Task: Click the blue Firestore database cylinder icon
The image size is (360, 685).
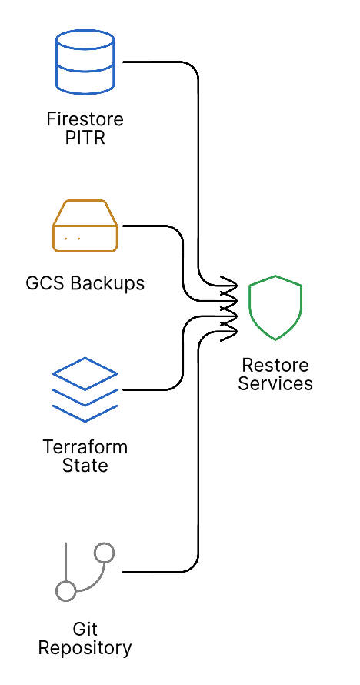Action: coord(85,62)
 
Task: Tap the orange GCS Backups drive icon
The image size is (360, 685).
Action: coord(85,226)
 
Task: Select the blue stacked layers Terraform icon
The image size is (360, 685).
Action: coord(85,389)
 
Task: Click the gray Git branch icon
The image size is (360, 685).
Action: coord(85,572)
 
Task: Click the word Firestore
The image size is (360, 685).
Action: coord(85,120)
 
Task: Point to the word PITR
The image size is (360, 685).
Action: coord(85,139)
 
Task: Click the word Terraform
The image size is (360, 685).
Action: coord(85,447)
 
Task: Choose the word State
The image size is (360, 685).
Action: coord(85,466)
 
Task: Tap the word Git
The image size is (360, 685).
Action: coord(85,630)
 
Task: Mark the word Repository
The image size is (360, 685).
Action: coord(85,649)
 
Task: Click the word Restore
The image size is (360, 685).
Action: coord(275,365)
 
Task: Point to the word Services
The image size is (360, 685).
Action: coord(275,383)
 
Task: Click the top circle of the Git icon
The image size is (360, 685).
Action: coord(104,553)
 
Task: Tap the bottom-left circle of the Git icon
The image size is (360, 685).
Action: coord(66,591)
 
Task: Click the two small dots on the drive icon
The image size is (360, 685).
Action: coord(72,239)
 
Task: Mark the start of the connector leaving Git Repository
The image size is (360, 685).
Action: coord(125,572)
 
